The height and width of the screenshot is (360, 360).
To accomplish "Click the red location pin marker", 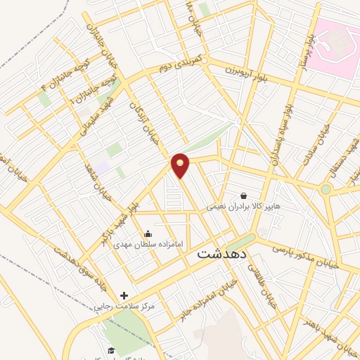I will tap(181, 165).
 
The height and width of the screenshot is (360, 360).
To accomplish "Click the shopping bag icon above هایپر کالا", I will tap(243, 195).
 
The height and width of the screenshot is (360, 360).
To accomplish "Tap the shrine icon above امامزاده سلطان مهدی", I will tap(148, 233).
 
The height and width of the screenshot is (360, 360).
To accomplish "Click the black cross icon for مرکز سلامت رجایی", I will tap(124, 296).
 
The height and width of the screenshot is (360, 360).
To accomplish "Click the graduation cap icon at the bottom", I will tap(111, 349).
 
